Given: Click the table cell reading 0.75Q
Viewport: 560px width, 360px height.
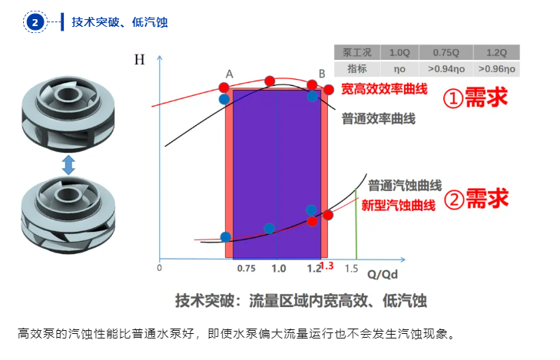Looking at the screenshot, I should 445,52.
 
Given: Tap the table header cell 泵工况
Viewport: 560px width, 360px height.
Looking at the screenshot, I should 356,52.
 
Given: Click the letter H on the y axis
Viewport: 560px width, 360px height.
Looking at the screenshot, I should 139,60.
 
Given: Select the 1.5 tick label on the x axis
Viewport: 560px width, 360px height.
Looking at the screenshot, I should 352,269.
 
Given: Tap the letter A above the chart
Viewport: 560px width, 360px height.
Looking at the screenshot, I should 228,74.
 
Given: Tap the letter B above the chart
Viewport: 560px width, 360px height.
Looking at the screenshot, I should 322,74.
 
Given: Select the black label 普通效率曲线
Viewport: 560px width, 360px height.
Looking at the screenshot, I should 378,119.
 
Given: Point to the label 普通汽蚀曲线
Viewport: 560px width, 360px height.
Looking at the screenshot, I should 405,185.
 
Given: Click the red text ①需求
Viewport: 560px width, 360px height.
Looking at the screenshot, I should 476,97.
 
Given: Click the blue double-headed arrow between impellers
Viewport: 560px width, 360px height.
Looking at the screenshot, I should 68,164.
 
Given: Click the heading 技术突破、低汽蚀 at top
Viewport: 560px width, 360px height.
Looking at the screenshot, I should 120,22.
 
